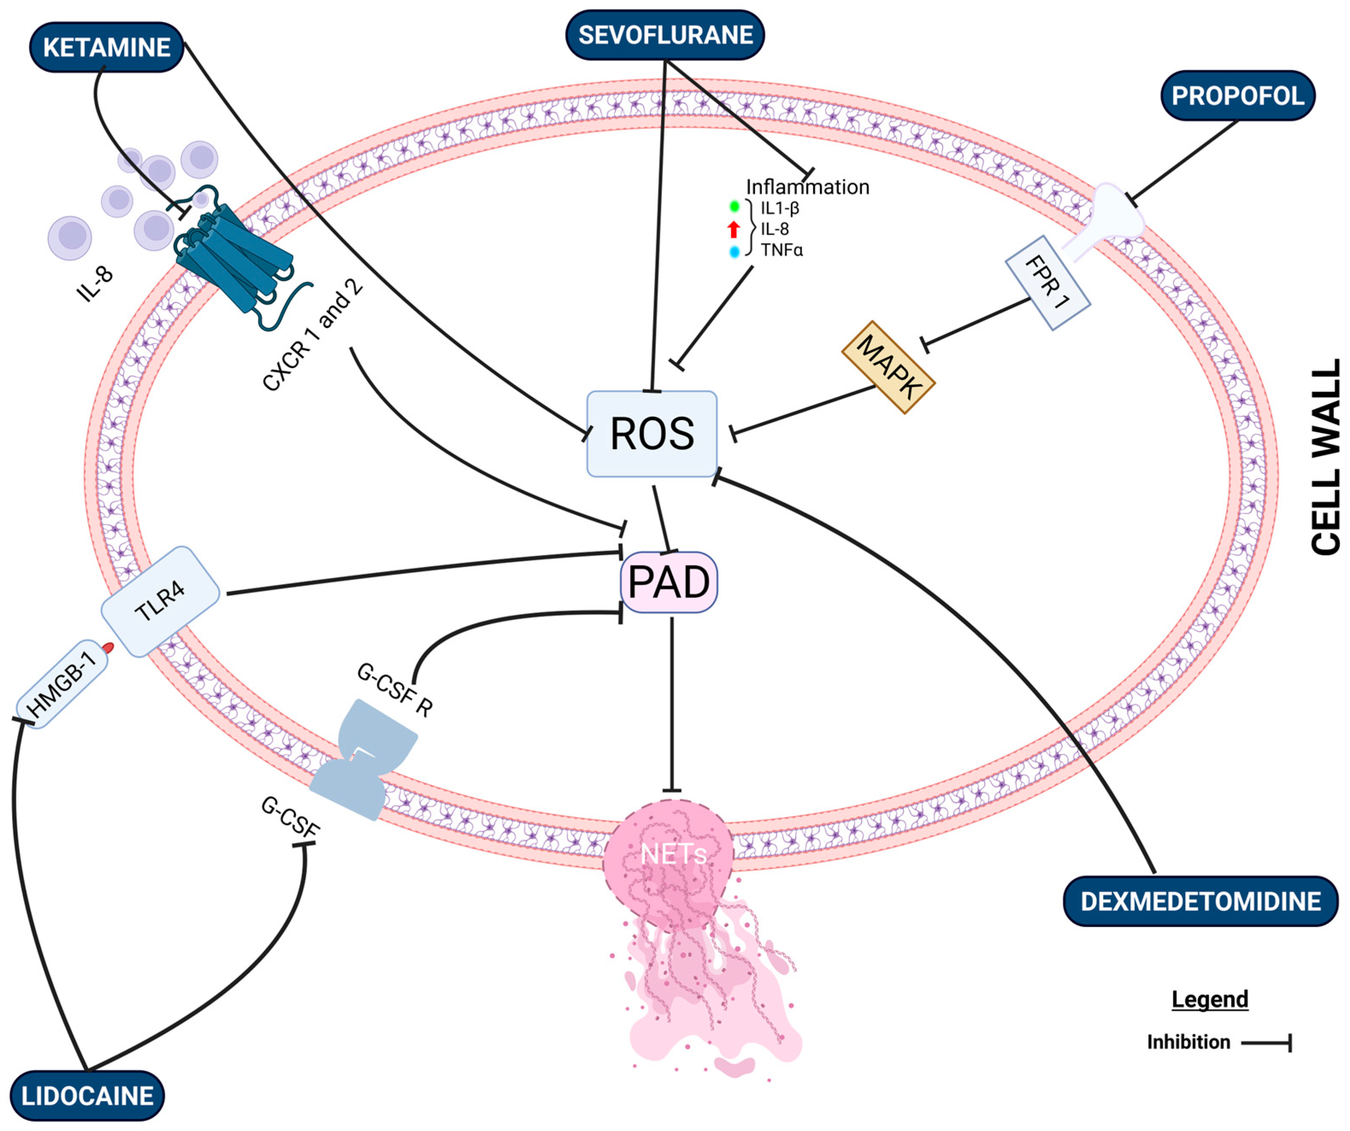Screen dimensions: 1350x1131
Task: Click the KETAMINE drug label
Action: pyautogui.click(x=107, y=47)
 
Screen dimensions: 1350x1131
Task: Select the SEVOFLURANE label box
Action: pyautogui.click(x=665, y=35)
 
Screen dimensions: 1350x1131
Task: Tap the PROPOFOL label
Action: pyautogui.click(x=1238, y=96)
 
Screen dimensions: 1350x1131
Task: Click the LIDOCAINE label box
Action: pyautogui.click(x=88, y=1096)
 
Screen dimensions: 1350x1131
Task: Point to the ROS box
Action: pyautogui.click(x=652, y=434)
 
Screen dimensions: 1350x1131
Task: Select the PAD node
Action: pyautogui.click(x=668, y=582)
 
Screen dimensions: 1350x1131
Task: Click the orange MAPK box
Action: pyautogui.click(x=888, y=367)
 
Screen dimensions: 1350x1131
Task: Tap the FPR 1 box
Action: pyautogui.click(x=1048, y=283)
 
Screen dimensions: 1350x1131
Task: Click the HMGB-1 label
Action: pyautogui.click(x=62, y=684)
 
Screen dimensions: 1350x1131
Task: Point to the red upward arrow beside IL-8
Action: pyautogui.click(x=733, y=229)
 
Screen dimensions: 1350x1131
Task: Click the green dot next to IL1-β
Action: pyautogui.click(x=734, y=207)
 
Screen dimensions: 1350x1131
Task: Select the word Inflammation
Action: pyautogui.click(x=807, y=187)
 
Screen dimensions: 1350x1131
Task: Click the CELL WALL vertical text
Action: pyautogui.click(x=1326, y=457)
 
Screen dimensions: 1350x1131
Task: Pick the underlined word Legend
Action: pyautogui.click(x=1210, y=999)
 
